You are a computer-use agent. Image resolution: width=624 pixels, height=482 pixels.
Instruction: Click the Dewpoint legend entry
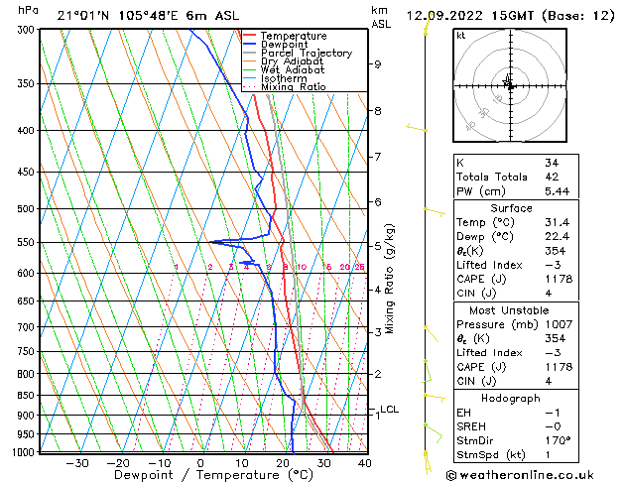click(283, 45)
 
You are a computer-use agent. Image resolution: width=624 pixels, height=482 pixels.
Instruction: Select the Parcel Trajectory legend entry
click(306, 54)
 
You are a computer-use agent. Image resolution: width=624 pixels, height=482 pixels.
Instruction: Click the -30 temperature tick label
click(76, 463)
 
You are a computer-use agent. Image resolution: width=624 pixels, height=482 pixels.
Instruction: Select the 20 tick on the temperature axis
click(283, 463)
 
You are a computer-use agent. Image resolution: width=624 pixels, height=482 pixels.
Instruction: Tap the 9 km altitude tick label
click(378, 64)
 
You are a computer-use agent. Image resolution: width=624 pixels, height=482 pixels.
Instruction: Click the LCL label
click(390, 409)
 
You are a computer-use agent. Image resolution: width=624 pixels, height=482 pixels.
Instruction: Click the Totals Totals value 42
click(552, 177)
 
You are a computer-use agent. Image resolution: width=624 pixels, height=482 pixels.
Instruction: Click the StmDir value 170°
click(558, 441)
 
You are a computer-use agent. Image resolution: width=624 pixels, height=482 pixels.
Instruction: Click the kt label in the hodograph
click(461, 36)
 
